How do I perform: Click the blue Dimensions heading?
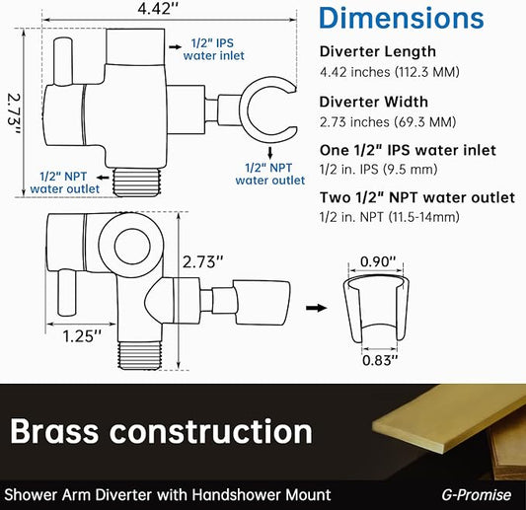402,18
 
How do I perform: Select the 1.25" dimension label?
82,336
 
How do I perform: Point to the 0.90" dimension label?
378,261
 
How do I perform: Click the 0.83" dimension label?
380,360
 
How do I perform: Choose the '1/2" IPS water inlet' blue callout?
214,49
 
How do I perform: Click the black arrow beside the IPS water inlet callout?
175,47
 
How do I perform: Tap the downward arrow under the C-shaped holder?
270,154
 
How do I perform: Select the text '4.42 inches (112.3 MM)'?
390,72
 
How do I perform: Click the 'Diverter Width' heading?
374,102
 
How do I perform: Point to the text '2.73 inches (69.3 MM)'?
388,122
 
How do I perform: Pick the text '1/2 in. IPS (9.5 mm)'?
378,169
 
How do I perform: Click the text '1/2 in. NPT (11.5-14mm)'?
390,217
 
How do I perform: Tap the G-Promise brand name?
477,495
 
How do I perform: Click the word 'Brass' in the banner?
54,431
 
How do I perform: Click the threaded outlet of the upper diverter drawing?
137,182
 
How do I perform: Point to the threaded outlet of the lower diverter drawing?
140,355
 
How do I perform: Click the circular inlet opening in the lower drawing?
132,246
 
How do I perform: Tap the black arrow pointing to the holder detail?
317,308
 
